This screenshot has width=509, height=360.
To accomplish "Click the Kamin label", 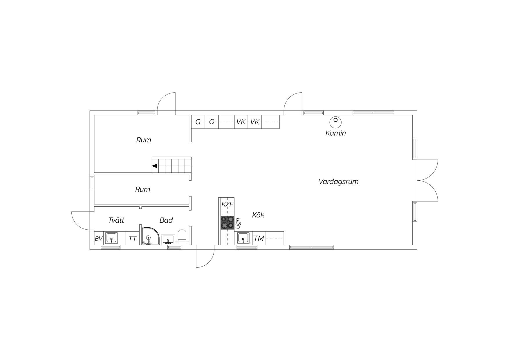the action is [x=335, y=133].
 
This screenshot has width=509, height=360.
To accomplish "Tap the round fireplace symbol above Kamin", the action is [x=335, y=122].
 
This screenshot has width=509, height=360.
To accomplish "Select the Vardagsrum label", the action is [x=338, y=182].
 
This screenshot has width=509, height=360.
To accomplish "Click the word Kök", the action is [x=258, y=215].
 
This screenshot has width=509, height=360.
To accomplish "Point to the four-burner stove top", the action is [x=228, y=222].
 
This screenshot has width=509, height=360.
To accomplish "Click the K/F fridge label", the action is [x=227, y=204].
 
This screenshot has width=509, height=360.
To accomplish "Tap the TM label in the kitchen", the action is [x=259, y=238].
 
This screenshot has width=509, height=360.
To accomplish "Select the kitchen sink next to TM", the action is [x=243, y=238].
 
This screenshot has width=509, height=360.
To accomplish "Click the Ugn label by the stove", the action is [x=238, y=223].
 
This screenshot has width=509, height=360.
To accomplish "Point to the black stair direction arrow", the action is [x=155, y=166].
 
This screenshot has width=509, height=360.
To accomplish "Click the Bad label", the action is [x=166, y=220].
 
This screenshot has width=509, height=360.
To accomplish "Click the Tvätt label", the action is [x=116, y=220].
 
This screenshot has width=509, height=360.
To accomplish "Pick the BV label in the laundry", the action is [x=99, y=239].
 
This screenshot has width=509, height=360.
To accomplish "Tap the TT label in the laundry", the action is [x=132, y=239].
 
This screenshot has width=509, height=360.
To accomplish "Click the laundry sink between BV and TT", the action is [x=111, y=238].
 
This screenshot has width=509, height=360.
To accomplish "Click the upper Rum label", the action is [x=144, y=140].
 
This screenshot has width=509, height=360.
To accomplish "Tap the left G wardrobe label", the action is [x=198, y=122].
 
